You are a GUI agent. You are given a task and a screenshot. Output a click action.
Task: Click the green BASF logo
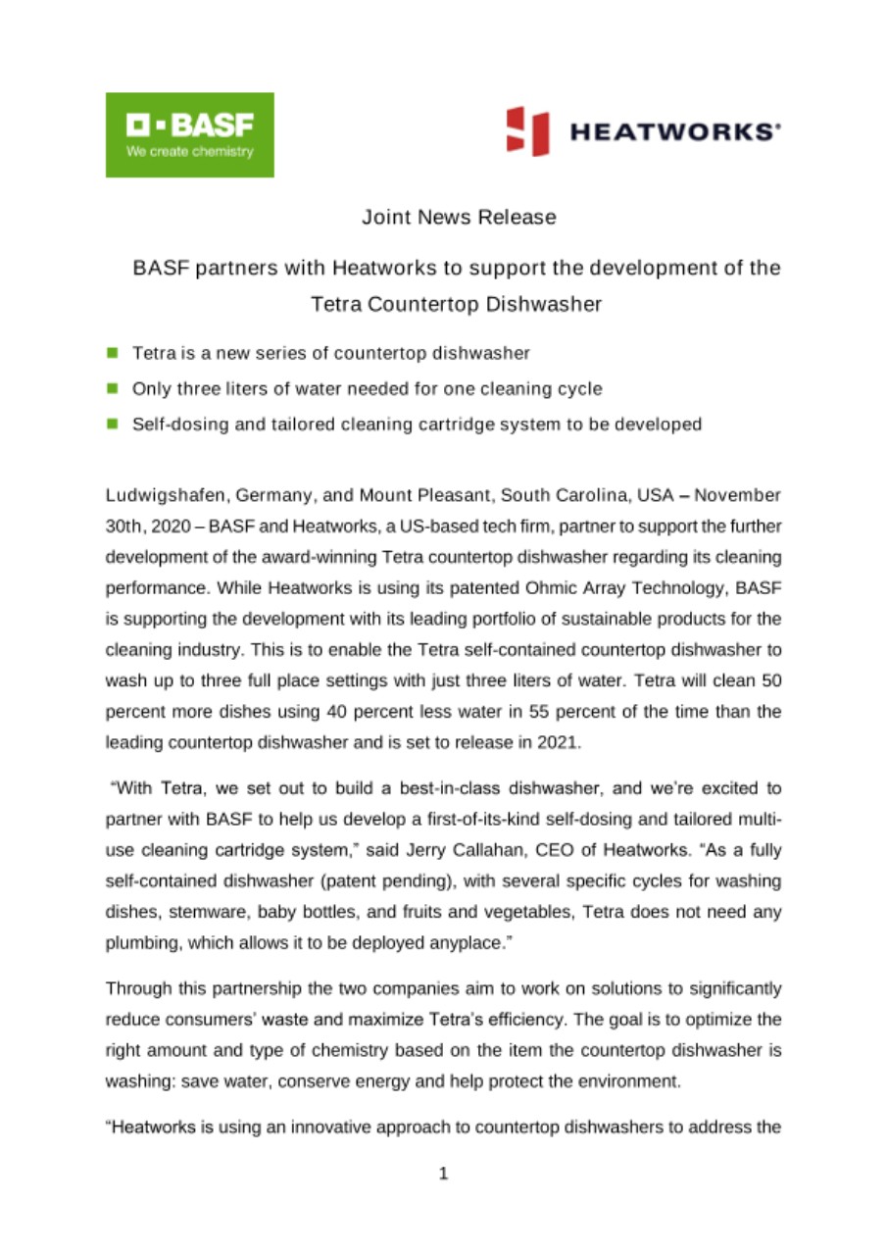coord(189,134)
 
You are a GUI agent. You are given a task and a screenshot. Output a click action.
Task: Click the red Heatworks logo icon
coord(526,131)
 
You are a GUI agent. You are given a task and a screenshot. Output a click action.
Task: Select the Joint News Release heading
coord(459,218)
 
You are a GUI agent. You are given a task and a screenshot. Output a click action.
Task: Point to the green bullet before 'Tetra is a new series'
coord(113,352)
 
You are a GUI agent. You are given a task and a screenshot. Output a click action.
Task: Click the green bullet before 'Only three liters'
coord(113,388)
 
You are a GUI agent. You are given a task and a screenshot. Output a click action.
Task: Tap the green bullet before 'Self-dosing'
coord(113,425)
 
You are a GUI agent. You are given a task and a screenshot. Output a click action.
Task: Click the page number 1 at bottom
coord(443,1173)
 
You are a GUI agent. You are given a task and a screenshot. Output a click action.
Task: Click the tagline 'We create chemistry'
coord(189,152)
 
